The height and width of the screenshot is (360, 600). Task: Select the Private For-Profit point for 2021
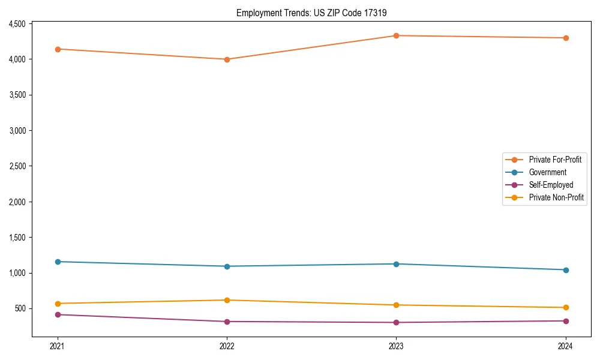58,49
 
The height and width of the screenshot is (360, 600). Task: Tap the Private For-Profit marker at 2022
227,59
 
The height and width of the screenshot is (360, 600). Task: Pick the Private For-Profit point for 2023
396,35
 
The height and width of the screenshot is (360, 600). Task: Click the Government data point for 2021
58,262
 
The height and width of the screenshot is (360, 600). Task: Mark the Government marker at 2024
565,270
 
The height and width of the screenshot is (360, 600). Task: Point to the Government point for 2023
396,264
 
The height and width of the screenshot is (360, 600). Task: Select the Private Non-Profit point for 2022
227,300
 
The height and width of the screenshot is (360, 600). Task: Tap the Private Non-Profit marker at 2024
565,307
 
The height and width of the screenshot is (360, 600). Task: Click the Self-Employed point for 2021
58,314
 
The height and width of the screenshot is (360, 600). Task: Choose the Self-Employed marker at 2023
396,322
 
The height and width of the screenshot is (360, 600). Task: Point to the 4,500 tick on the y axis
16,24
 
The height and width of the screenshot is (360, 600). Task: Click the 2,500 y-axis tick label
16,166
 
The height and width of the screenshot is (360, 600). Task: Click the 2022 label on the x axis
227,346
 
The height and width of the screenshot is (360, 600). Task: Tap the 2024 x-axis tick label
565,346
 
